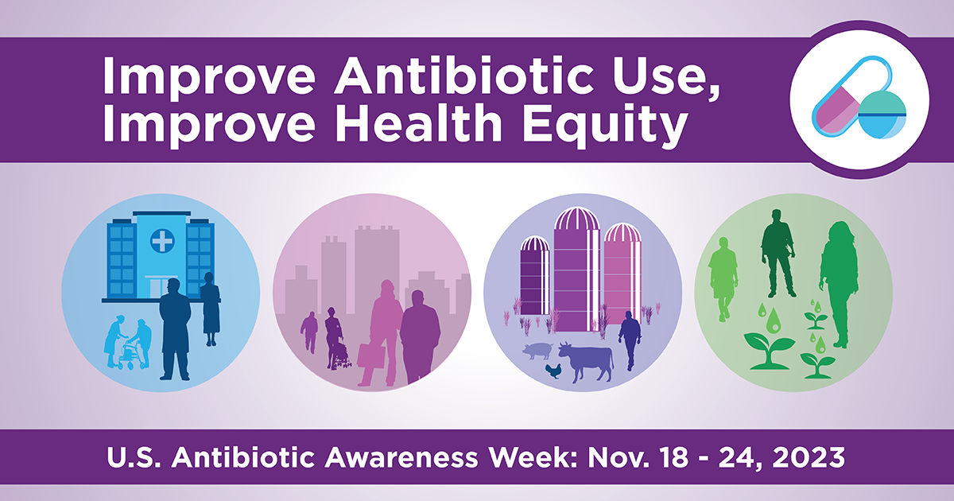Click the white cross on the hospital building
pos(162,241)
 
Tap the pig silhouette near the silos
pos(537,351)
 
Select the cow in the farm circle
pos(586,361)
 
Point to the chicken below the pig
pos(553,371)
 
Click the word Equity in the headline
pos(606,123)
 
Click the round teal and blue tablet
pos(882,115)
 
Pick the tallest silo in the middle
pos(576,270)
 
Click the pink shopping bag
pos(371,355)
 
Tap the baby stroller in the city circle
pos(342,355)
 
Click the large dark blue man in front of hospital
pos(175,328)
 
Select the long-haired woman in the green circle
pos(839,284)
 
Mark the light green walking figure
pos(723,279)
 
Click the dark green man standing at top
pos(778,253)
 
